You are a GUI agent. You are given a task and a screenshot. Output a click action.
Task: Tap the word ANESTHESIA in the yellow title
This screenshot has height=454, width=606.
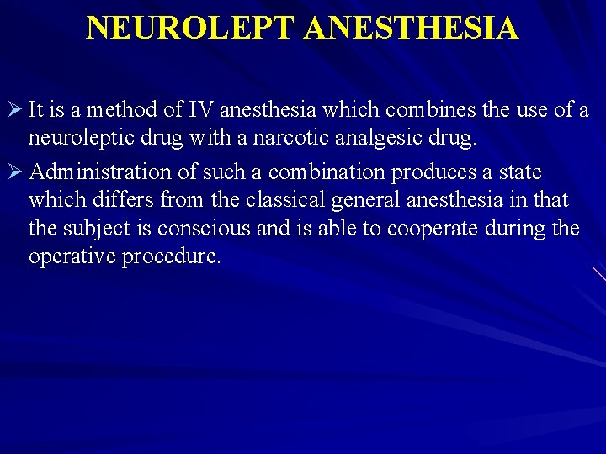(412, 28)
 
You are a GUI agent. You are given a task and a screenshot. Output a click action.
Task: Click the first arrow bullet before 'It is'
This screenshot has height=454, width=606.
(14, 109)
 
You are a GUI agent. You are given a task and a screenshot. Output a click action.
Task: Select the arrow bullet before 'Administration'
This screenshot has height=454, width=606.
(14, 172)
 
